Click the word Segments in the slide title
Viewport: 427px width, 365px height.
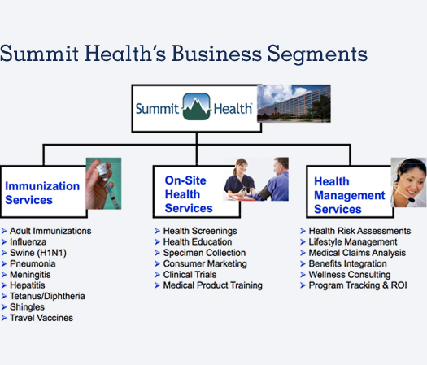pyautogui.click(x=317, y=54)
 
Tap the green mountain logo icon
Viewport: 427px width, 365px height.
pyautogui.click(x=196, y=106)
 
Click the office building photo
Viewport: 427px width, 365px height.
pyautogui.click(x=294, y=103)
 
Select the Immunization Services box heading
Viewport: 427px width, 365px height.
pyautogui.click(x=42, y=193)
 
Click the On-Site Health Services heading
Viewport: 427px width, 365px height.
pyautogui.click(x=189, y=194)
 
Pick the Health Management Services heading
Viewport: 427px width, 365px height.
pyautogui.click(x=350, y=195)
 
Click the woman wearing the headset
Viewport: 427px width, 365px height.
pyautogui.click(x=408, y=182)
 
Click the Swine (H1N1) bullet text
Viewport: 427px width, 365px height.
pyautogui.click(x=38, y=253)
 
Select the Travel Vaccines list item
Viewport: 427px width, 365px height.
pyautogui.click(x=41, y=318)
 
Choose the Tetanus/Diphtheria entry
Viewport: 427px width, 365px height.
pyautogui.click(x=47, y=296)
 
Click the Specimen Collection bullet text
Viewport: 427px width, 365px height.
pyautogui.click(x=204, y=253)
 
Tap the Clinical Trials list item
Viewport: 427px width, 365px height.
pyautogui.click(x=190, y=275)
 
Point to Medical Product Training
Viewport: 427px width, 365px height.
pyautogui.click(x=212, y=285)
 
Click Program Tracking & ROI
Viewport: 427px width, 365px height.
pyautogui.click(x=358, y=285)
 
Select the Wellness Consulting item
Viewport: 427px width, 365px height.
pyautogui.click(x=350, y=275)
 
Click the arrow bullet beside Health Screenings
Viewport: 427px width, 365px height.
pyautogui.click(x=158, y=231)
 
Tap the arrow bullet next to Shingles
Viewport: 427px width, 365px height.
pyautogui.click(x=4, y=307)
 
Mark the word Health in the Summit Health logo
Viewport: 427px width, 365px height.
pyautogui.click(x=233, y=109)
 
